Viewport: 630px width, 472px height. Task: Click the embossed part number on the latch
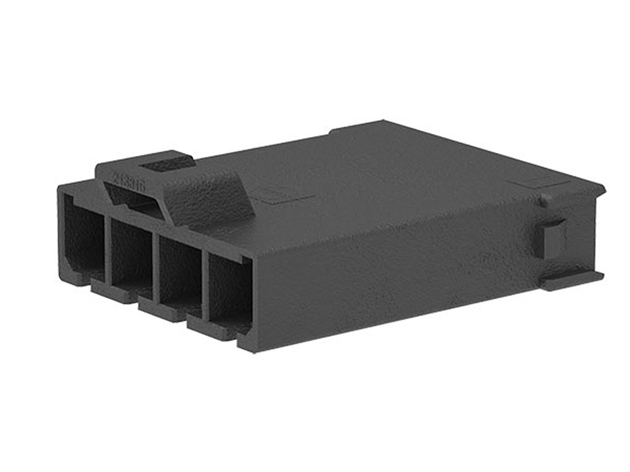(x=130, y=183)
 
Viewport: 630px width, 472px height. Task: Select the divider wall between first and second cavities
(x=108, y=245)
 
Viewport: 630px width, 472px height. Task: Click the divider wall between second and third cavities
(x=156, y=264)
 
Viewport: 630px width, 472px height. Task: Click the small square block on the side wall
(x=553, y=238)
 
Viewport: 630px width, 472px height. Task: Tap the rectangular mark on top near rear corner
(x=529, y=183)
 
